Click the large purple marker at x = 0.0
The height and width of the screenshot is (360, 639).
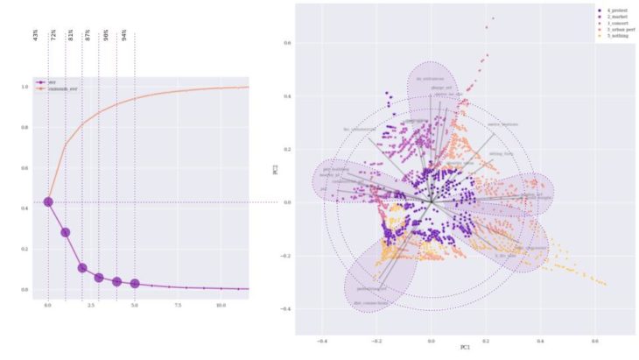click(x=48, y=202)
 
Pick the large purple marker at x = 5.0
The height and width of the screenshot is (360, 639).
click(x=135, y=283)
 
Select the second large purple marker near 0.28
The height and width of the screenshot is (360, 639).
click(x=66, y=232)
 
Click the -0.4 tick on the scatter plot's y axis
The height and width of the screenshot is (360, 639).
click(x=285, y=309)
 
